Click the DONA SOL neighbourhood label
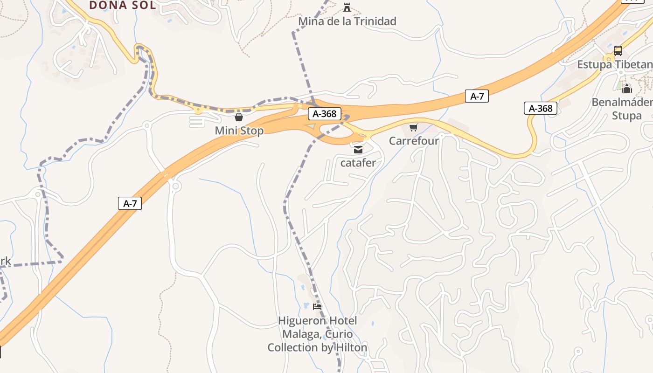[x=122, y=5]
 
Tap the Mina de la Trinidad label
[x=347, y=21]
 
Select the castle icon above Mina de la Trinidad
[x=347, y=7]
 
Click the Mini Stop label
[x=239, y=131]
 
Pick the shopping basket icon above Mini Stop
[x=239, y=117]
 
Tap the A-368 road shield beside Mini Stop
[x=325, y=114]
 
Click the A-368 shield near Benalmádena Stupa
[x=541, y=109]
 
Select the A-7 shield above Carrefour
[x=477, y=97]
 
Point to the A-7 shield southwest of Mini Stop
[x=130, y=203]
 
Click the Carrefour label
[x=414, y=140]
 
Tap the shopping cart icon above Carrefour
[x=413, y=127]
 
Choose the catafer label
[x=358, y=163]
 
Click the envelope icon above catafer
[x=358, y=150]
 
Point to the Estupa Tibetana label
[x=614, y=64]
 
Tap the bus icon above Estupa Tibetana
[x=618, y=51]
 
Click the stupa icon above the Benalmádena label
[x=627, y=88]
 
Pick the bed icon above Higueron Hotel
[x=317, y=307]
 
